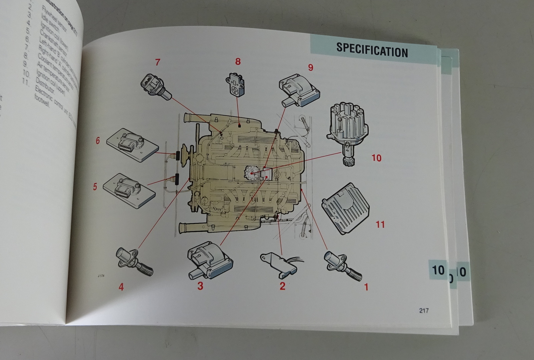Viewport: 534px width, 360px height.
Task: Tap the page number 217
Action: (424, 311)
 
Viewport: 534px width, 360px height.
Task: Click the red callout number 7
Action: (158, 62)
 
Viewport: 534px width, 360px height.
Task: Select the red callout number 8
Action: (238, 61)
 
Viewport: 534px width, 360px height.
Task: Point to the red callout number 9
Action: (311, 67)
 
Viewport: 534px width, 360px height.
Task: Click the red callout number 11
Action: (380, 224)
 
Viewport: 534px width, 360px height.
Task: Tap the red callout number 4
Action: (121, 287)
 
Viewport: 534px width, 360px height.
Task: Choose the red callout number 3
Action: (200, 286)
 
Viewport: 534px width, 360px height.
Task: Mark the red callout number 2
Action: (282, 286)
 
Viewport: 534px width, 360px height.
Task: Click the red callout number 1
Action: (366, 287)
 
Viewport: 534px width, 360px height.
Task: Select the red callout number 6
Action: (98, 141)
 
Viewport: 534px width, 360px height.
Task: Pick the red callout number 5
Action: (95, 187)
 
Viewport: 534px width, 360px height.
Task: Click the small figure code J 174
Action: (101, 276)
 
